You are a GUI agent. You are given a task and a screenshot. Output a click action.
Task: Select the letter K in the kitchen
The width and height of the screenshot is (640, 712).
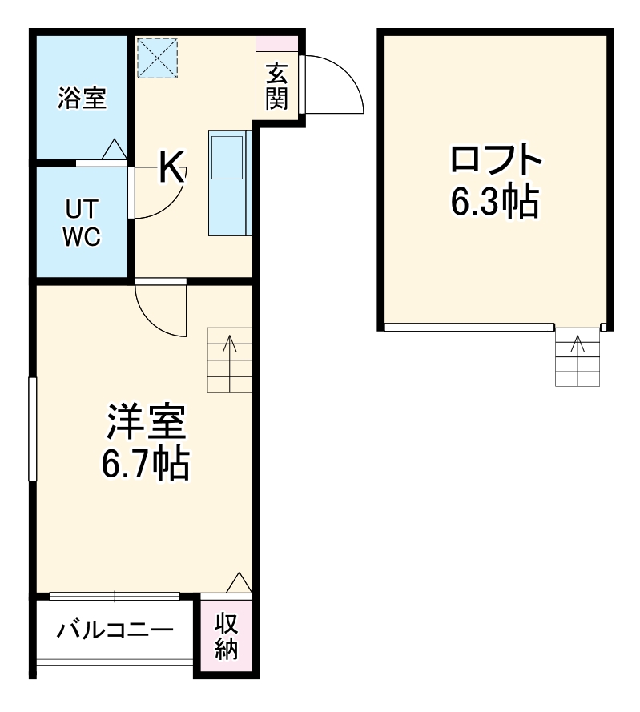pyautogui.click(x=171, y=167)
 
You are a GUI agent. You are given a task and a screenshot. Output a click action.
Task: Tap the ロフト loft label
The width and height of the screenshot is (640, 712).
pyautogui.click(x=496, y=163)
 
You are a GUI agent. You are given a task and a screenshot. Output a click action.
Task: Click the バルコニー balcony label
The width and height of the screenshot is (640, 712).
pyautogui.click(x=115, y=630)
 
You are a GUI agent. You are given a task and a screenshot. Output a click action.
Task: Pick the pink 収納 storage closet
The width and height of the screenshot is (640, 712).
pyautogui.click(x=226, y=636)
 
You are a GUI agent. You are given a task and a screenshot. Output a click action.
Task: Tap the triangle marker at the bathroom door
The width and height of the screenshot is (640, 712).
pyautogui.click(x=114, y=149)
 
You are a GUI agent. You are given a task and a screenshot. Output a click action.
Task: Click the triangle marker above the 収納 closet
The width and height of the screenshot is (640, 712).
pyautogui.click(x=239, y=583)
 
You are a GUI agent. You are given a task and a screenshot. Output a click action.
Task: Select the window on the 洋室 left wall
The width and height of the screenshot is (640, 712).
pyautogui.click(x=33, y=428)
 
